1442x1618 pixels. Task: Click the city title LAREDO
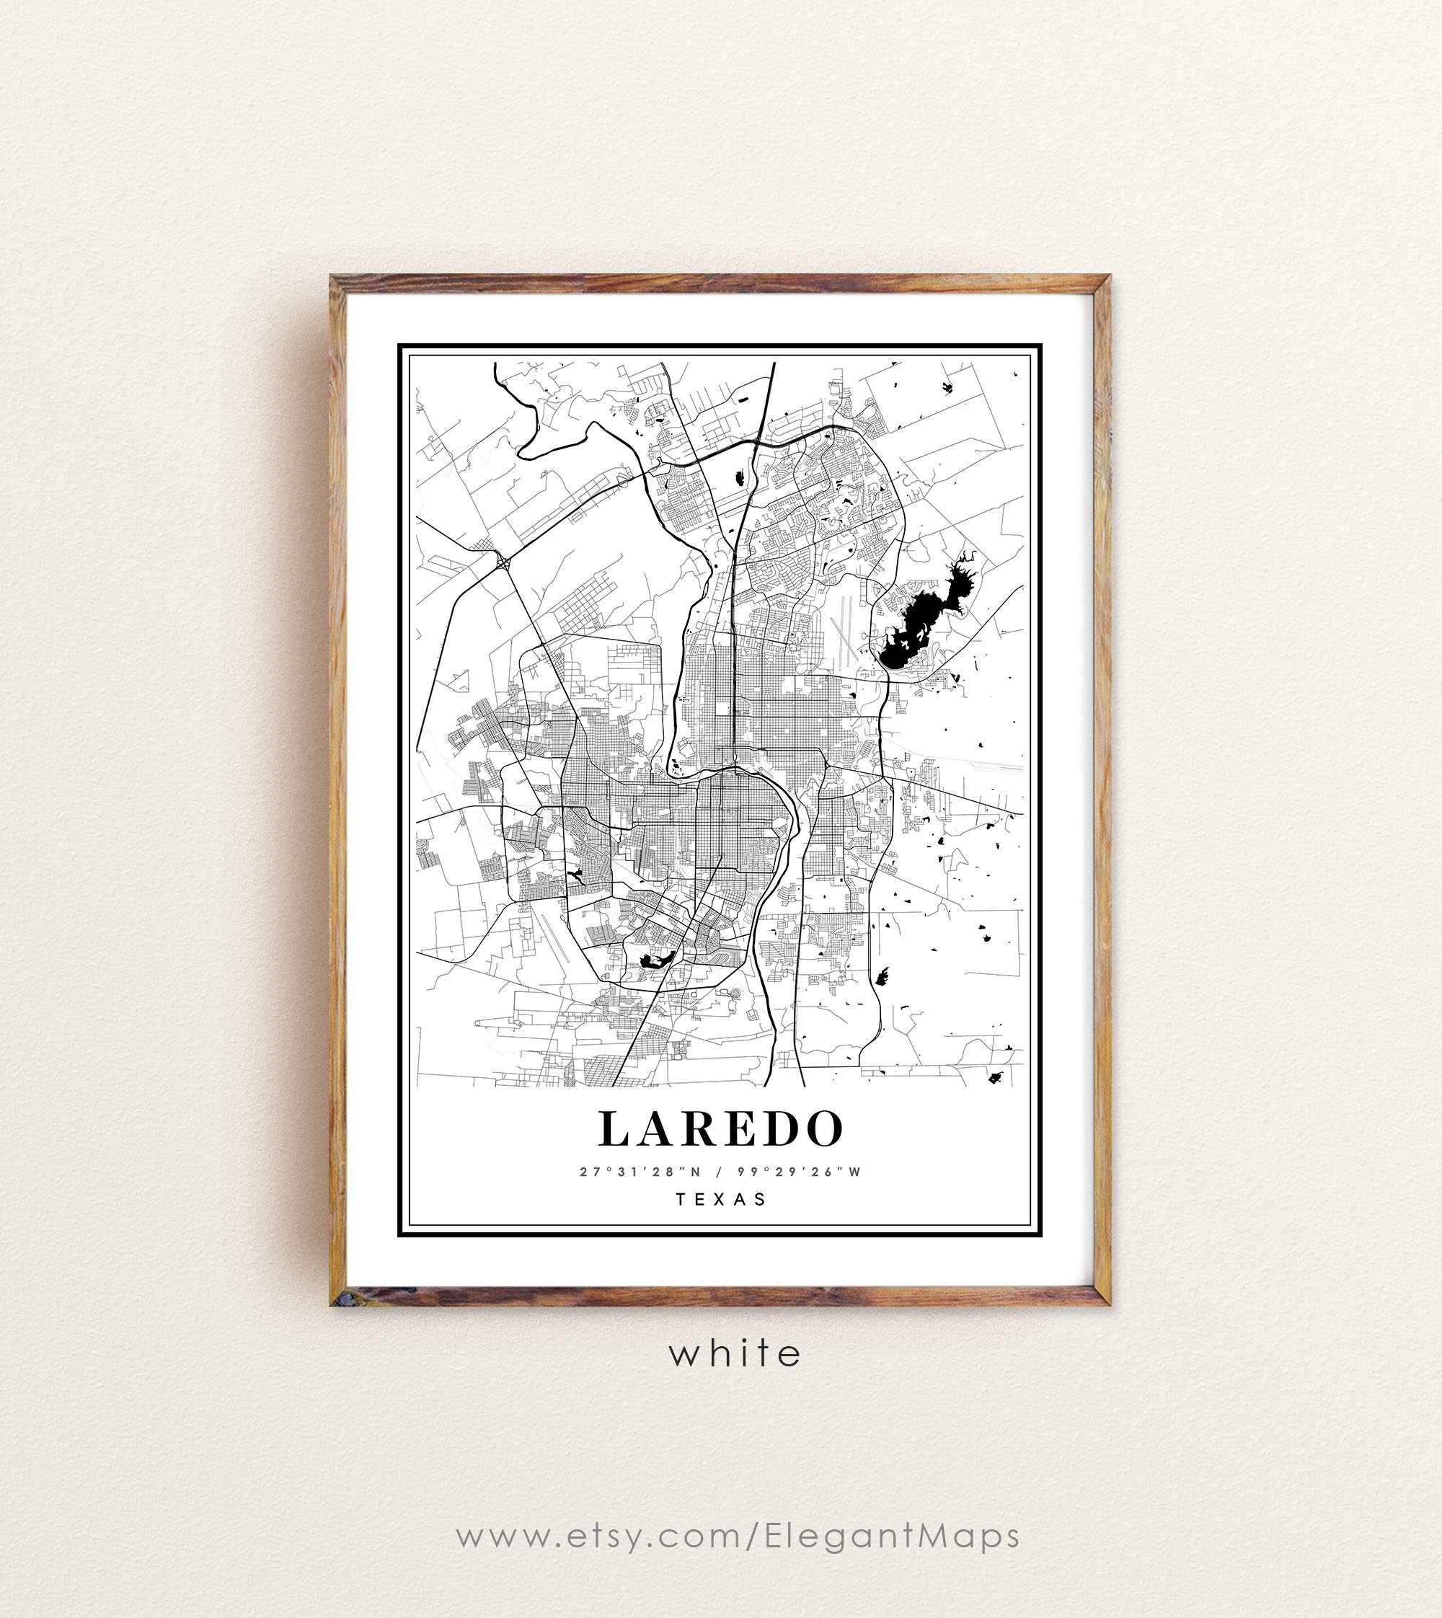(720, 1129)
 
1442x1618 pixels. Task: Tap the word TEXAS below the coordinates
(721, 1199)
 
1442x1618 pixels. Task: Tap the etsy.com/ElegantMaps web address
(738, 1537)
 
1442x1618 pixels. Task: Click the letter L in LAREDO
(615, 1129)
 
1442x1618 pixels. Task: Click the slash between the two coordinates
(719, 1172)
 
